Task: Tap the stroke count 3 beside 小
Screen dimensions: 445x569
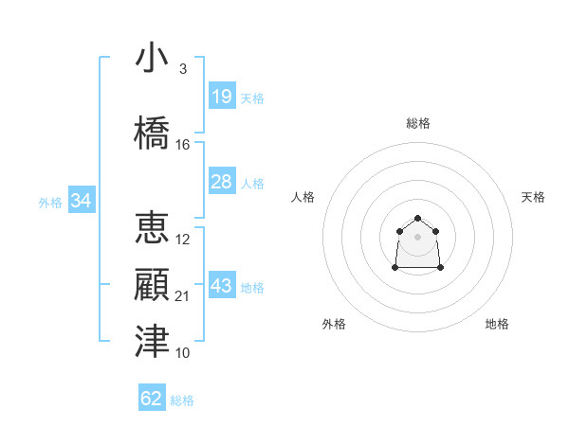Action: click(x=183, y=69)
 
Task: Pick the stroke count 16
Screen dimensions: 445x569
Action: click(x=183, y=145)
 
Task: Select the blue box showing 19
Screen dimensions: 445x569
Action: click(x=221, y=96)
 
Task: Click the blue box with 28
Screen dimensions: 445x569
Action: click(x=221, y=181)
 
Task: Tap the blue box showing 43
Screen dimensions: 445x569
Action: click(x=221, y=286)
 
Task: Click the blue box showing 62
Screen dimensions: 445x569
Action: click(x=152, y=399)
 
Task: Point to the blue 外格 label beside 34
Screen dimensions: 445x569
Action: click(x=50, y=202)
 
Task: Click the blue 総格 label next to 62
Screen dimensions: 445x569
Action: click(x=182, y=400)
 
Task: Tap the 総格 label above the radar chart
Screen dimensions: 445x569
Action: click(x=418, y=123)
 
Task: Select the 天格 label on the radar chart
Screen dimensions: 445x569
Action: click(x=534, y=197)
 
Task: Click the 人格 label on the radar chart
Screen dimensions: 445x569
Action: click(x=303, y=197)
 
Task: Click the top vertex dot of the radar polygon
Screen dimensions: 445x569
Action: click(x=418, y=219)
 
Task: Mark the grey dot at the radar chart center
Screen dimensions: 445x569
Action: click(x=418, y=236)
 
